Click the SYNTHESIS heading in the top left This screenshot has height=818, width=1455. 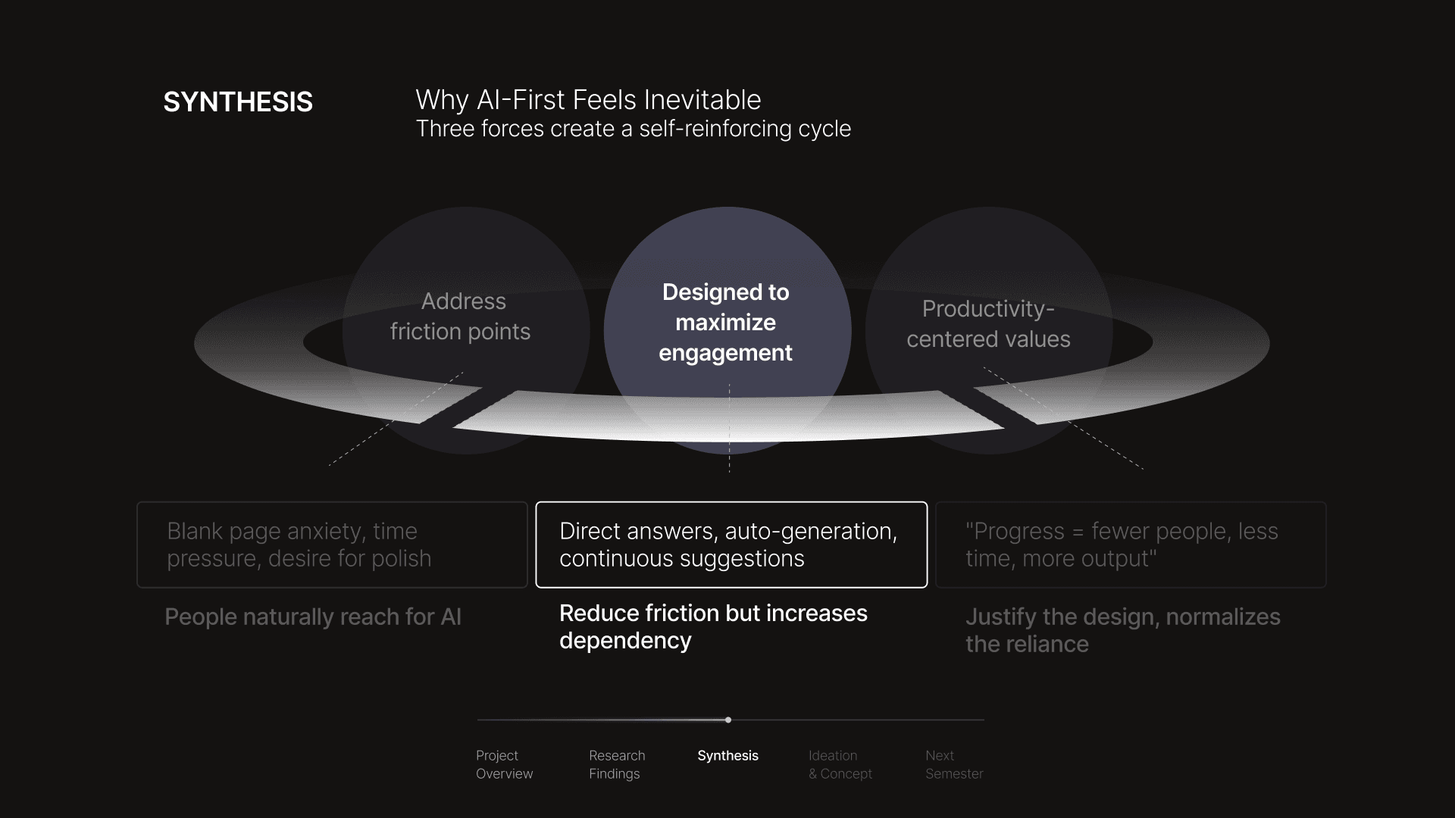pyautogui.click(x=238, y=102)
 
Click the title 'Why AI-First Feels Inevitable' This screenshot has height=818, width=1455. pyautogui.click(x=588, y=100)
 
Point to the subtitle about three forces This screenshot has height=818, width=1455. pyautogui.click(x=633, y=129)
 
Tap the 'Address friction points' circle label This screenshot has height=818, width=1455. pyautogui.click(x=461, y=317)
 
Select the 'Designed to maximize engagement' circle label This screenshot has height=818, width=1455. pyautogui.click(x=726, y=323)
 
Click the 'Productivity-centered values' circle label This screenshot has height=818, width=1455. pyautogui.click(x=988, y=324)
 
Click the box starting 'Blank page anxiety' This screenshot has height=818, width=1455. pyautogui.click(x=332, y=545)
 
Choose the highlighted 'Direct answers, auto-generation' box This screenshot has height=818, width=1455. pyautogui.click(x=731, y=545)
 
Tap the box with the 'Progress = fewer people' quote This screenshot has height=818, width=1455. pyautogui.click(x=1131, y=545)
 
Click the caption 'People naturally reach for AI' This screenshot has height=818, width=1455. pyautogui.click(x=313, y=617)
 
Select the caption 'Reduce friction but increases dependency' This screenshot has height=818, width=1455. pyautogui.click(x=712, y=626)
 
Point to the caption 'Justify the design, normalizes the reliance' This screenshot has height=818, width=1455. pyautogui.click(x=1122, y=630)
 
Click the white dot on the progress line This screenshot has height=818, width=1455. pyautogui.click(x=728, y=720)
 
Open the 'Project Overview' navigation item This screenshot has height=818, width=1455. pyautogui.click(x=504, y=764)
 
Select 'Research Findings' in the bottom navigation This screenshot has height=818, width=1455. pyautogui.click(x=617, y=764)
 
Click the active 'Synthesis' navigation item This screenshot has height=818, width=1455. pyautogui.click(x=727, y=756)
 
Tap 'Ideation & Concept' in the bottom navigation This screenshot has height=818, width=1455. pyautogui.click(x=840, y=764)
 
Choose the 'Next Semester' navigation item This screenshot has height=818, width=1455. pyautogui.click(x=954, y=764)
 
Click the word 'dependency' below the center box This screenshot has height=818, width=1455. pyautogui.click(x=625, y=641)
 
